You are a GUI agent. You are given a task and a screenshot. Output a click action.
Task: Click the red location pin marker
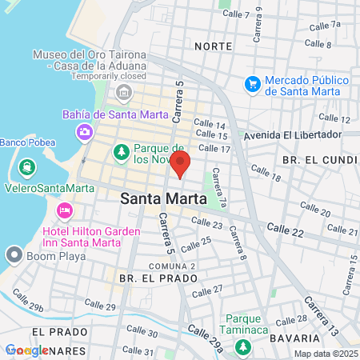coord(181,163)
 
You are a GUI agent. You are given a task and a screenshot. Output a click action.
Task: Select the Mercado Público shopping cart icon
coord(253,83)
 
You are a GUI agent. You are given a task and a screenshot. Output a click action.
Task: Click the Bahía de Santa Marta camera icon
coord(84,130)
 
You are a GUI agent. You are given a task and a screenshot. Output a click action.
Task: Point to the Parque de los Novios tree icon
coord(121,150)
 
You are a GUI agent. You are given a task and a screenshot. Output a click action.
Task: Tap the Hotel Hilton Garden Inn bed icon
coord(64,210)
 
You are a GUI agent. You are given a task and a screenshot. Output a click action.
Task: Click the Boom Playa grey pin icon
coord(14,255)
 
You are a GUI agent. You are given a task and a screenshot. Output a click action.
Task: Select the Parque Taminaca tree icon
coord(242,346)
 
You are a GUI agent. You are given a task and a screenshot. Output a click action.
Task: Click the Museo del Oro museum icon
coord(124,94)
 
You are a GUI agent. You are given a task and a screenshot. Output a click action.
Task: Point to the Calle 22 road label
coord(286,230)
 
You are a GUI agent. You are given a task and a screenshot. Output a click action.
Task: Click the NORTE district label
coord(212,46)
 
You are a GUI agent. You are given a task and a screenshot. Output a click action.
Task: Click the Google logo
coord(26,350)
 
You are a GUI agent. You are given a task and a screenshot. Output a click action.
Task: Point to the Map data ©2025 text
coord(325,354)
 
